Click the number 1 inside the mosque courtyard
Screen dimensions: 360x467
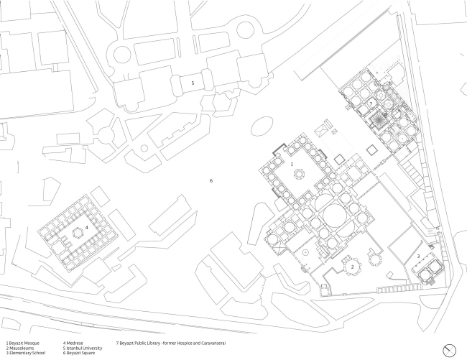(292, 165)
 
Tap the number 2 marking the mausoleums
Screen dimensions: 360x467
(353, 266)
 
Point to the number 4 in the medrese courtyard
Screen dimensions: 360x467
(86, 228)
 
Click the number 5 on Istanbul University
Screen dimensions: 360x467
(192, 83)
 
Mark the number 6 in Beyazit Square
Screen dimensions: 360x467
(211, 180)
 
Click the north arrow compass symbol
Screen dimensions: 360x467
(450, 349)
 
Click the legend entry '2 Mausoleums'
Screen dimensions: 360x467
(21, 349)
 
